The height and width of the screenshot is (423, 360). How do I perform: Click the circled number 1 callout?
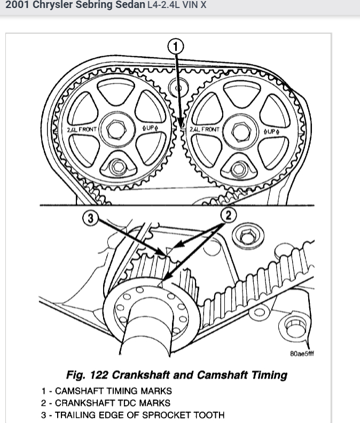pyautogui.click(x=175, y=47)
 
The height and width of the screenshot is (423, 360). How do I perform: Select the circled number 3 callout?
pyautogui.click(x=90, y=218)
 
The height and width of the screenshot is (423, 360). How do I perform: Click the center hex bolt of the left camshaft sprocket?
pyautogui.click(x=113, y=130)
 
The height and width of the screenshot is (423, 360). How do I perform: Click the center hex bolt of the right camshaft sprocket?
pyautogui.click(x=236, y=130)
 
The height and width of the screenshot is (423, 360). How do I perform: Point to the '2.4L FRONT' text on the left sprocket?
pyautogui.click(x=80, y=130)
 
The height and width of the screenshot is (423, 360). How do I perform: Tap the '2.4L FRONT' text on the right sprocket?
pyautogui.click(x=204, y=130)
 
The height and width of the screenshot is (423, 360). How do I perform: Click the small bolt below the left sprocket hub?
pyautogui.click(x=116, y=167)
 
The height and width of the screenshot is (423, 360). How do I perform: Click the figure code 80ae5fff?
pyautogui.click(x=302, y=353)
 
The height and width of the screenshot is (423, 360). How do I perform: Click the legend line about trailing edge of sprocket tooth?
pyautogui.click(x=133, y=415)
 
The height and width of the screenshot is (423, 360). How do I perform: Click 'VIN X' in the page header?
pyautogui.click(x=195, y=6)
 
